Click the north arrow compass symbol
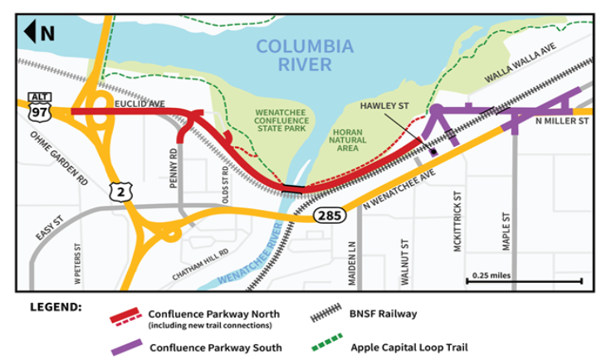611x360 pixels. pyautogui.click(x=40, y=32)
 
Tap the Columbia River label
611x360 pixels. pyautogui.click(x=304, y=55)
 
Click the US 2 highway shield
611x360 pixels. pyautogui.click(x=118, y=192)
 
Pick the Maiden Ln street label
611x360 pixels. pyautogui.click(x=351, y=265)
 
